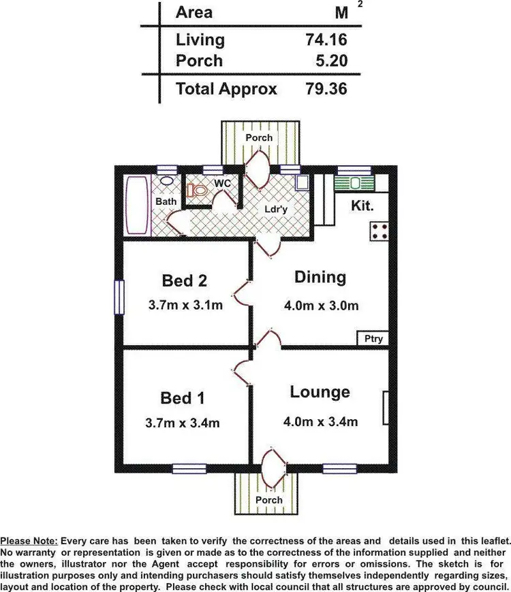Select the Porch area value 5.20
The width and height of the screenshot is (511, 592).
point(332,61)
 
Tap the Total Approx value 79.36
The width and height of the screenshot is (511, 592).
point(326,89)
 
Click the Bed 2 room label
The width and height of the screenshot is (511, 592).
point(184,280)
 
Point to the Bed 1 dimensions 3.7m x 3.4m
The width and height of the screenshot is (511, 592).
point(183,423)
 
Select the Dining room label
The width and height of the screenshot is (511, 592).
point(320,277)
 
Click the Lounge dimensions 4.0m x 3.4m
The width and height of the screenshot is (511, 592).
point(321,422)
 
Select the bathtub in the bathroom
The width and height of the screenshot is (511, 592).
point(136,205)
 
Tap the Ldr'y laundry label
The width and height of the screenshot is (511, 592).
point(276,210)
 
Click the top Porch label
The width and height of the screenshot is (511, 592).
point(259,137)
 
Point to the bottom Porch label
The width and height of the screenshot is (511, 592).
point(268,499)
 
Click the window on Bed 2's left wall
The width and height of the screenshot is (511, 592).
point(119,297)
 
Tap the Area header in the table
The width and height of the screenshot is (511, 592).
point(194,12)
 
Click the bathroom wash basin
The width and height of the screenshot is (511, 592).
point(166,182)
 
